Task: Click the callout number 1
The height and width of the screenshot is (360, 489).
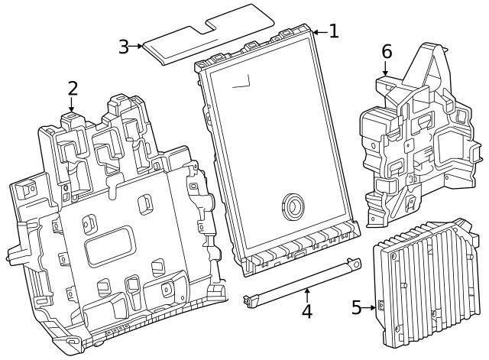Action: pos(333,31)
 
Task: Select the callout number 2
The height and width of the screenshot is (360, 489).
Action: pos(73,88)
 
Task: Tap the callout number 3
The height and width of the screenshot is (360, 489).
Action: pos(124,46)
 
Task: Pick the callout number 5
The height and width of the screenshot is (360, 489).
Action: pos(357,307)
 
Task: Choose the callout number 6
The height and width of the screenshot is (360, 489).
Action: pos(387,52)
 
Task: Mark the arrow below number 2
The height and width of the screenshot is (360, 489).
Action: pos(73,105)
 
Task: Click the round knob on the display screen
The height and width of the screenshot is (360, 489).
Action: pos(293,204)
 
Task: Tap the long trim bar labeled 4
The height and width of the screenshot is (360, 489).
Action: pos(302,283)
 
